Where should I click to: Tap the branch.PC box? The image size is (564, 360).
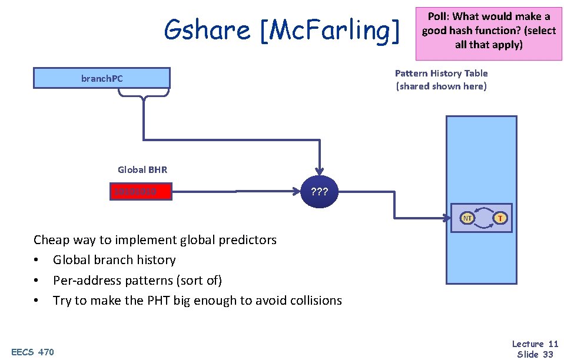[x=101, y=78]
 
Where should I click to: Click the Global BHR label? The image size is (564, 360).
[x=142, y=170]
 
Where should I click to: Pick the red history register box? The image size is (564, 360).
[x=141, y=192]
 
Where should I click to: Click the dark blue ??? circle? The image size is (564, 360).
[x=318, y=192]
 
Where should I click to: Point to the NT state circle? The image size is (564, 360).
[x=467, y=218]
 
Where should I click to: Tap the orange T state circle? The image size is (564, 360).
[x=500, y=218]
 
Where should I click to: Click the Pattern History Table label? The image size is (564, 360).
[x=441, y=74]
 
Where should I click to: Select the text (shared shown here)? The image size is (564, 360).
[x=441, y=86]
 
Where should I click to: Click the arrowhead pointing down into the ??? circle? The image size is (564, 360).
[x=319, y=170]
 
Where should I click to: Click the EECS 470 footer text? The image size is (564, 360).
[x=33, y=352]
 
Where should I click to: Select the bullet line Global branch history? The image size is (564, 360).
[x=114, y=260]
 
